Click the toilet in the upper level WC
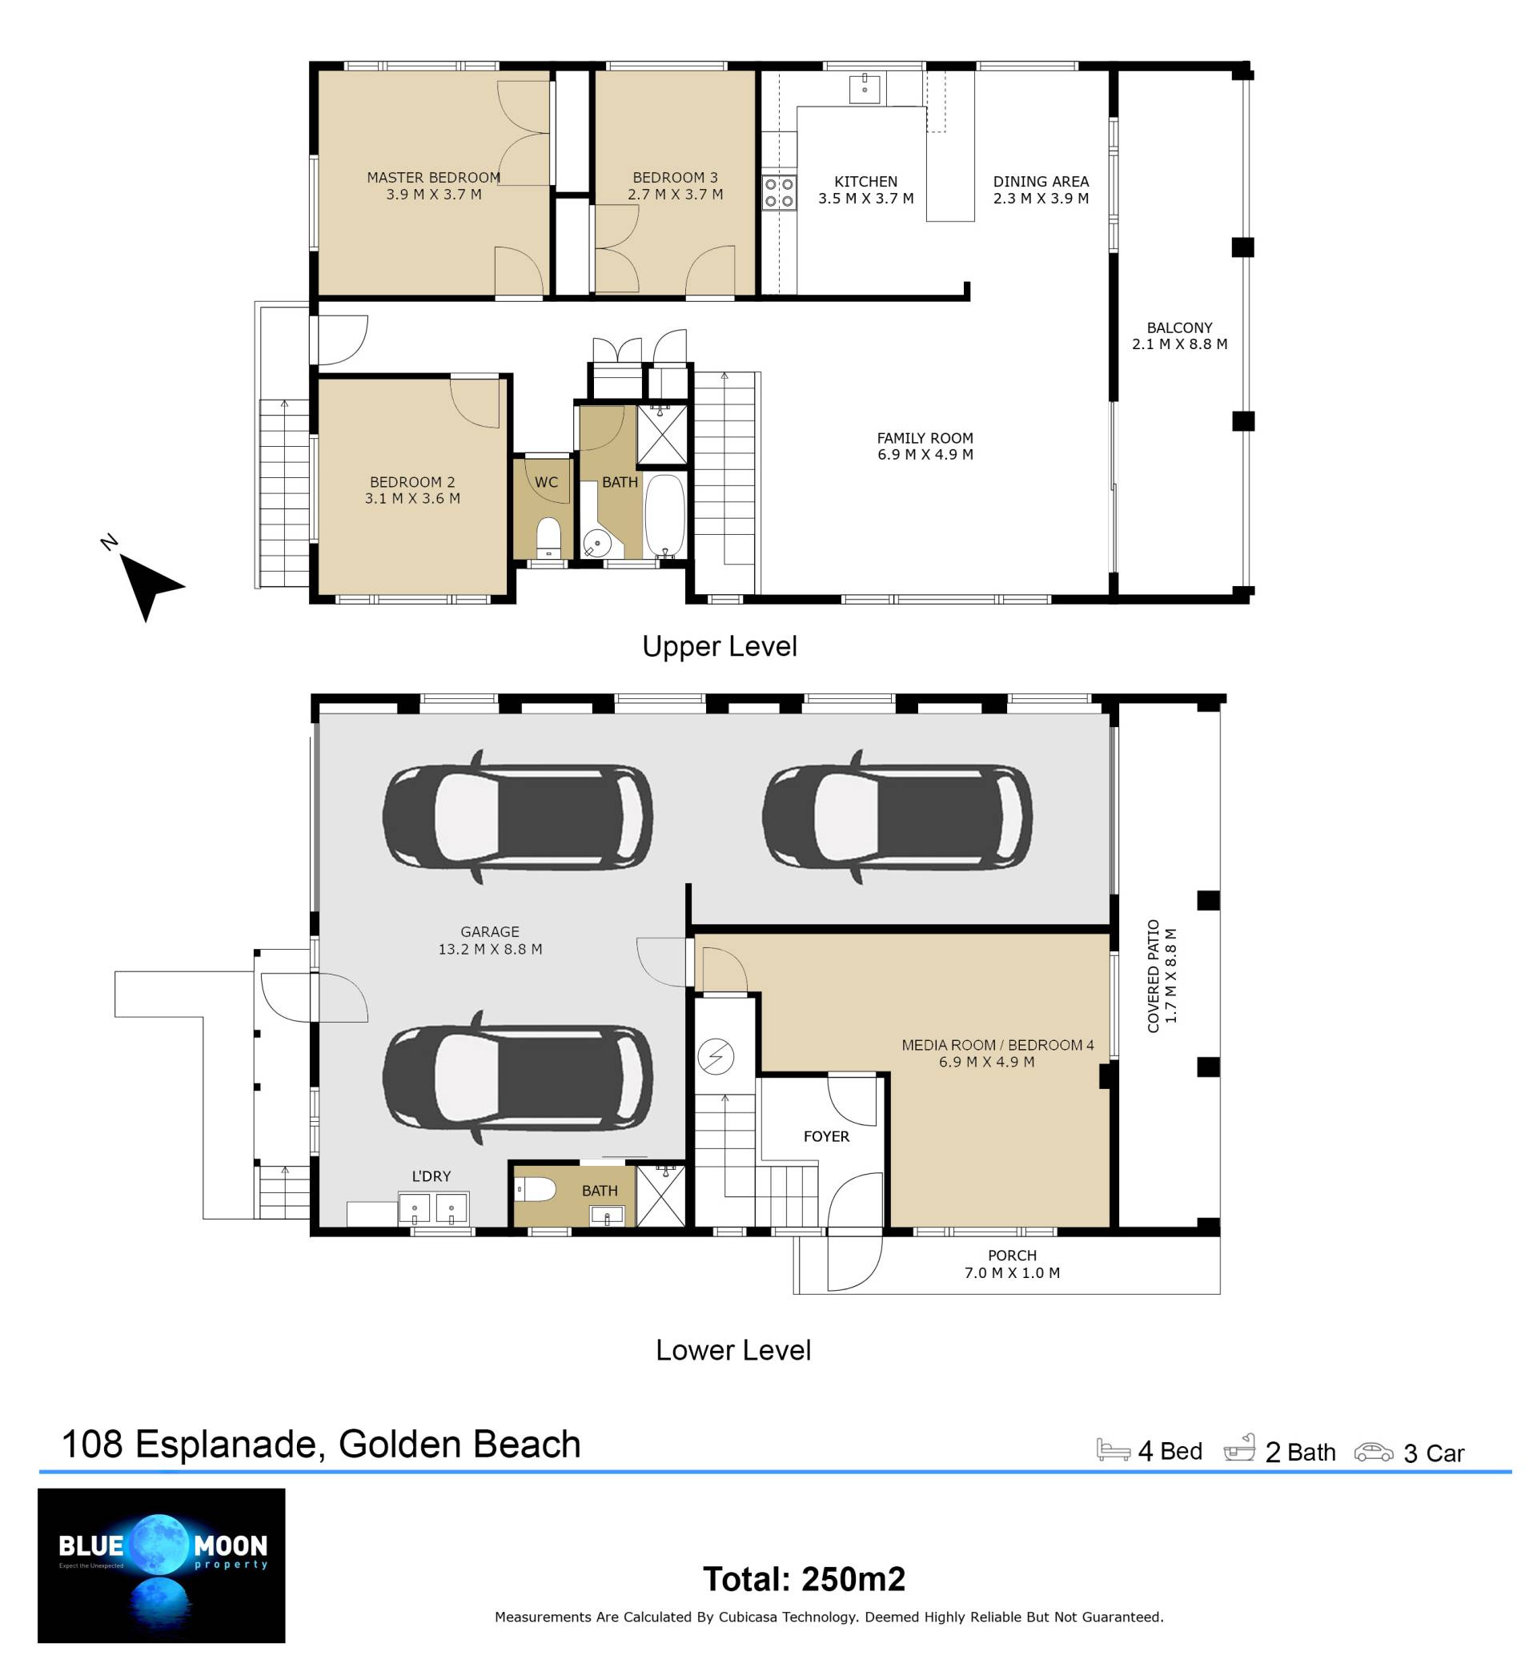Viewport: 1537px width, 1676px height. [x=549, y=538]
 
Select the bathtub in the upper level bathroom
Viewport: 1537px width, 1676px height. [x=664, y=516]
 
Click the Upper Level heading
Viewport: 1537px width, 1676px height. [x=720, y=646]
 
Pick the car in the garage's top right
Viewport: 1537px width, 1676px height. [x=897, y=816]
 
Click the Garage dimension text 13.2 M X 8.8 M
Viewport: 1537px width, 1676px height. [x=490, y=949]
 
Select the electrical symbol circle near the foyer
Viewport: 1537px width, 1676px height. [x=716, y=1057]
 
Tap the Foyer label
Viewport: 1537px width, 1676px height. [x=826, y=1136]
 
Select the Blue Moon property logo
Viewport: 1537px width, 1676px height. [x=162, y=1565]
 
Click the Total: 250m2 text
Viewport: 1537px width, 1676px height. [x=804, y=1578]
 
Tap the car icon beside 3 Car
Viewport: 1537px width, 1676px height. [x=1373, y=1453]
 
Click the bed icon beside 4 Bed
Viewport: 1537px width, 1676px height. [x=1113, y=1449]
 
